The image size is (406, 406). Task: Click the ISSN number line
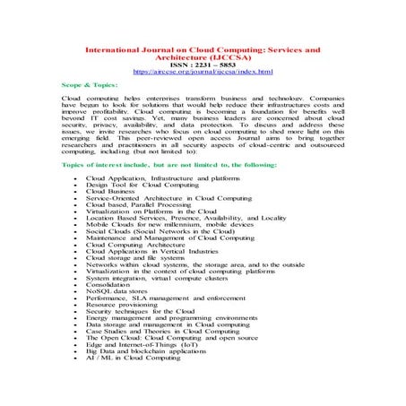[x=202, y=62]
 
